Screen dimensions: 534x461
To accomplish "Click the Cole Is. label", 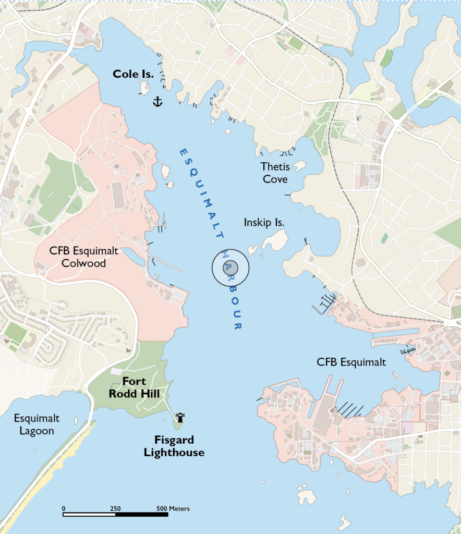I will [133, 75].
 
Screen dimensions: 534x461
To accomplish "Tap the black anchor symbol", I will [157, 101].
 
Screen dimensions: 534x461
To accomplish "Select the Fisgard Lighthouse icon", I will [181, 417].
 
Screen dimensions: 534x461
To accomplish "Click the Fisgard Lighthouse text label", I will [174, 446].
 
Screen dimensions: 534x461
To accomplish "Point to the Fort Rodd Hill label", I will [134, 387].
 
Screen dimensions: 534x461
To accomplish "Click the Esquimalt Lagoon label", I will [37, 424].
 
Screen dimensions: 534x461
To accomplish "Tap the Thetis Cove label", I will [275, 173].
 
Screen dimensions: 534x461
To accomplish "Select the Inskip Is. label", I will [264, 222].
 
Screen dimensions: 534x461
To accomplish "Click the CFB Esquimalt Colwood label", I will [84, 257].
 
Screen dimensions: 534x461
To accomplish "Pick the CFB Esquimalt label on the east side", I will [351, 362].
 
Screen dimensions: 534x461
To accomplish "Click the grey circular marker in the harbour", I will [231, 268].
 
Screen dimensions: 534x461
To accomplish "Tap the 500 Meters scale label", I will [173, 508].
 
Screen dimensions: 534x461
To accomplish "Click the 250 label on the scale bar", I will [116, 508].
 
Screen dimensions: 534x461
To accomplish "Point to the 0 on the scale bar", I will [64, 508].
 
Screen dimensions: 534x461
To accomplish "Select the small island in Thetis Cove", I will [299, 166].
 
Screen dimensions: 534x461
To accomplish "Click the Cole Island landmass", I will [144, 88].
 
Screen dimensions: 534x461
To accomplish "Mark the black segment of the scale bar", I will [142, 515].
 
